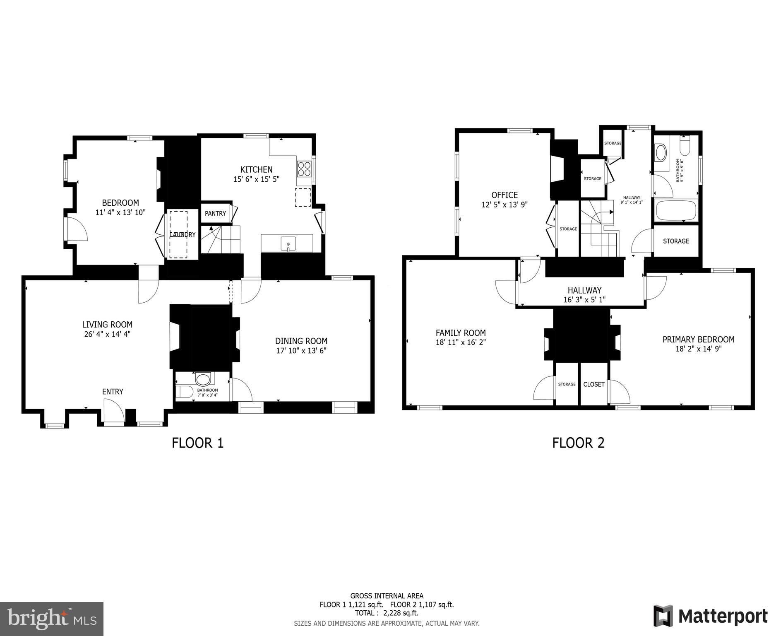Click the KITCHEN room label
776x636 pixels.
click(256, 169)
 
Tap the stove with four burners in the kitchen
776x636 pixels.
click(304, 169)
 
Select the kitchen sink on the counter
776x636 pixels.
click(288, 243)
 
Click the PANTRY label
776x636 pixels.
click(215, 213)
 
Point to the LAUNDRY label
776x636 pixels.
click(183, 235)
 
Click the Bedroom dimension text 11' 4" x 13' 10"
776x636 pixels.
click(120, 212)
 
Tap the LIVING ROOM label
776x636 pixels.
click(107, 325)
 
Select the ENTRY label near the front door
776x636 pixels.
click(113, 392)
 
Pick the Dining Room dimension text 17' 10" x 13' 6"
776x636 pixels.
click(301, 351)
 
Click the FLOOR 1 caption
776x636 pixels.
click(198, 443)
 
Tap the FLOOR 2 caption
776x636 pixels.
click(578, 443)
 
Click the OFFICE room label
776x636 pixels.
click(505, 195)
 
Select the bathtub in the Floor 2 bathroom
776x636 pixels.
click(676, 210)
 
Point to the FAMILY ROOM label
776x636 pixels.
click(461, 333)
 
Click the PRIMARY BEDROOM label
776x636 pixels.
click(698, 340)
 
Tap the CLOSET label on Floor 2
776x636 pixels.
click(594, 384)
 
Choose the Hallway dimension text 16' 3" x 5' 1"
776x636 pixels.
click(584, 300)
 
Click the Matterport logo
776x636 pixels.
click(710, 616)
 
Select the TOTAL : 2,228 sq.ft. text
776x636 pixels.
click(387, 613)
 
